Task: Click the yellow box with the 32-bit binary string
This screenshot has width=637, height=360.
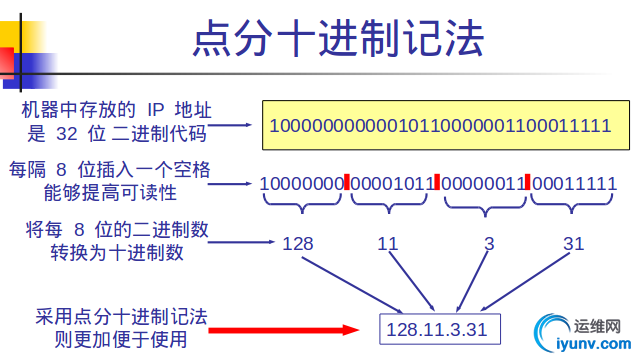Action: (440, 127)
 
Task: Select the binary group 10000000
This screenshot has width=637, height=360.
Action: (301, 184)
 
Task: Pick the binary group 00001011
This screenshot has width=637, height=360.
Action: (392, 184)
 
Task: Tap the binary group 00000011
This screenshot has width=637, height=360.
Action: (483, 184)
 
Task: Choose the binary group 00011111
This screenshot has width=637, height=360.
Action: (575, 184)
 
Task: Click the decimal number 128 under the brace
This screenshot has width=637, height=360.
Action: (298, 243)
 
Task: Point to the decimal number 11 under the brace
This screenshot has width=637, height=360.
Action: (388, 243)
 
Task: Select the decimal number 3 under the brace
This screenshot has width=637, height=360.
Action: (489, 243)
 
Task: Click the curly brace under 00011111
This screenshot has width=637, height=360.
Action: (573, 206)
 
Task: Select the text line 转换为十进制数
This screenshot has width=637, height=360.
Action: (117, 252)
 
